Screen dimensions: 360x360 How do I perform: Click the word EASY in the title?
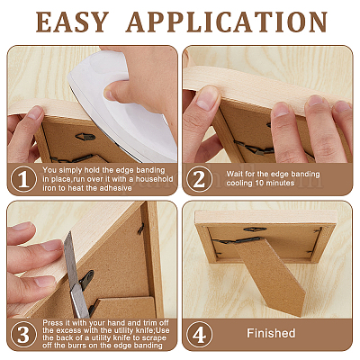coord(72,22)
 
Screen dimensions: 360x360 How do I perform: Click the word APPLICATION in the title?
coord(227,22)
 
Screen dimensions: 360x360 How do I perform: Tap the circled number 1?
coord(23,179)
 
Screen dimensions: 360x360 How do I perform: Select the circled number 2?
coord(199,179)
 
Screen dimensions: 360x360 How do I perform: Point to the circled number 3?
coord(23,334)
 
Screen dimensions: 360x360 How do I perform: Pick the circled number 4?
coord(199,334)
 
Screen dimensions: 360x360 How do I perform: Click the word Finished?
coord(271,333)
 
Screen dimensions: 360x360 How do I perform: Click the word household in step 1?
coord(155,179)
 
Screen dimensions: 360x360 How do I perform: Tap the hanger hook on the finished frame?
coord(255,229)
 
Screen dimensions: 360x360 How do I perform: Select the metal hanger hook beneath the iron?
coord(85,137)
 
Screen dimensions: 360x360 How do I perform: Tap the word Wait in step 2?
coord(233,174)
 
